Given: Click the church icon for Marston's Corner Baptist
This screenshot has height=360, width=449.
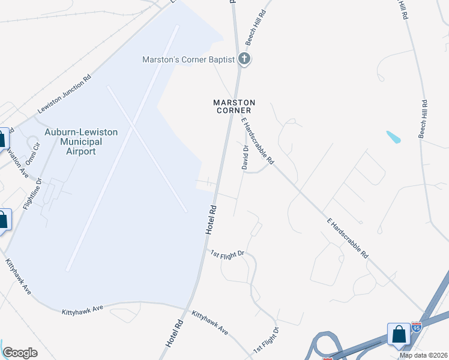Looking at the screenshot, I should click(244, 59).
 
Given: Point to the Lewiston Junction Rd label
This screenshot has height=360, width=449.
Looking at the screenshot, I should click(64, 95).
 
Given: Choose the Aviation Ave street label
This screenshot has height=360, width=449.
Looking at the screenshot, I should click(17, 162).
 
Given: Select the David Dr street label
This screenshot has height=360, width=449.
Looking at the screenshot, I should click(245, 157).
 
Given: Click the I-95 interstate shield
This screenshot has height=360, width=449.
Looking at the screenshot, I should click(417, 327).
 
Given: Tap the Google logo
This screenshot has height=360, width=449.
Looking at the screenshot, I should click(20, 353).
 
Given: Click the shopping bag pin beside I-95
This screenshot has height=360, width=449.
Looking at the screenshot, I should click(399, 335).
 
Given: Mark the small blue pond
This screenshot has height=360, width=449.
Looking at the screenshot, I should click(394, 137).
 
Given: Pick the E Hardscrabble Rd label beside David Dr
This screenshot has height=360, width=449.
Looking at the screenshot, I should click(258, 141).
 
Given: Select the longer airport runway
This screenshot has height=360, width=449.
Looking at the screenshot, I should click(122, 148).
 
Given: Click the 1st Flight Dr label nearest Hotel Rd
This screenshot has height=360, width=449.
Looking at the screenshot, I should click(228, 254).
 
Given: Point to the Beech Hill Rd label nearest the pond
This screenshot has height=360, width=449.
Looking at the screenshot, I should click(423, 118).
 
